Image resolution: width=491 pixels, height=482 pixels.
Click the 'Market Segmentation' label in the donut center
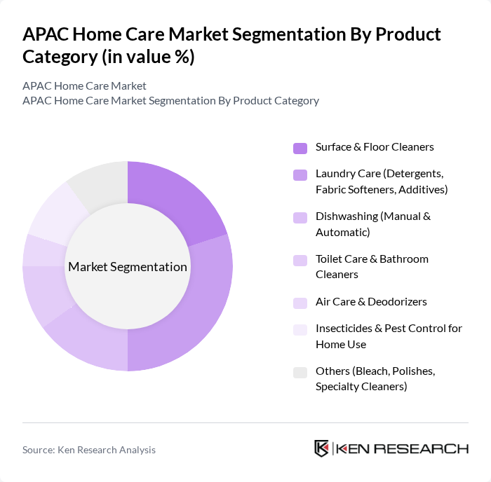coord(128,267)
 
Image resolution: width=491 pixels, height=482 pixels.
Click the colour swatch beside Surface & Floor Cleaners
coord(300,148)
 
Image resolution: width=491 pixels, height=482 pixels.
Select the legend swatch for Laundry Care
coord(300,174)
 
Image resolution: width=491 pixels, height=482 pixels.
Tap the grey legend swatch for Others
coord(300,372)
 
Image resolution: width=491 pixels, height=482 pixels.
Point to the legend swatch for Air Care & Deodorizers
coord(300,303)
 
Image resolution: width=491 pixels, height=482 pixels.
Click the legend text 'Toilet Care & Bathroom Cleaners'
coord(371,266)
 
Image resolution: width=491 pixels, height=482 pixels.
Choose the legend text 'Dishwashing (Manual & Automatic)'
coord(372,223)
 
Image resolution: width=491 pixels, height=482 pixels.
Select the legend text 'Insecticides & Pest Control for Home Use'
coord(389,336)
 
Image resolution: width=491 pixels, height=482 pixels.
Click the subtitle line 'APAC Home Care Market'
coord(84,85)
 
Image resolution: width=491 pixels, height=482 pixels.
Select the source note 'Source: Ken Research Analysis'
coord(89,450)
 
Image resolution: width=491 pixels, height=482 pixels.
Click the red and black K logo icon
coord(321,448)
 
